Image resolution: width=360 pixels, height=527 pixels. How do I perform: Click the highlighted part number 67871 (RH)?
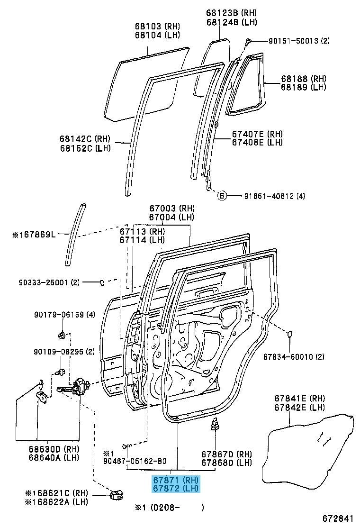(175, 480)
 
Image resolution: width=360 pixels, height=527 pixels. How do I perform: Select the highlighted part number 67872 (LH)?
(175, 488)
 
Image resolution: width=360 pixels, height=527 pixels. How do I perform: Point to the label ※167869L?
(35, 234)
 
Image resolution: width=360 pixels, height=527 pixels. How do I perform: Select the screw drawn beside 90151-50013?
(248, 42)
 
